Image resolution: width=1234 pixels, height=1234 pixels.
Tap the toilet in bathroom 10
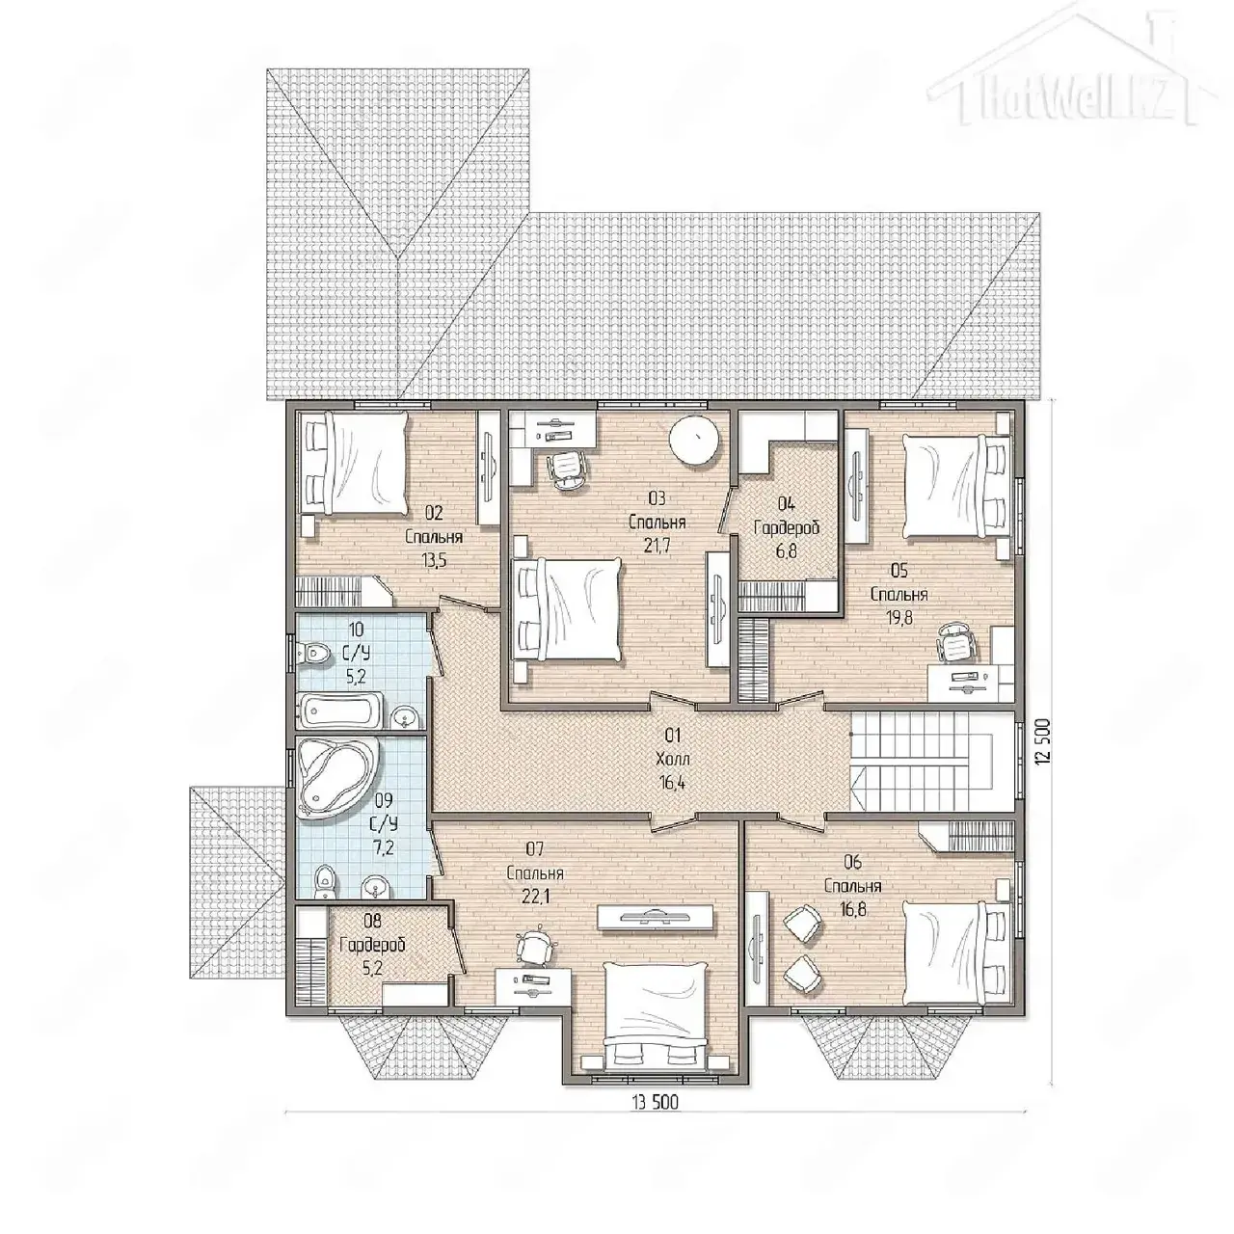(313, 654)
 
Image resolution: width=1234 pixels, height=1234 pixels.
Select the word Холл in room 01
(673, 760)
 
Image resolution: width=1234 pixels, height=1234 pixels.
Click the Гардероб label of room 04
(787, 528)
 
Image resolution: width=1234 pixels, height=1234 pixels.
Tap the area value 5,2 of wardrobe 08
(372, 968)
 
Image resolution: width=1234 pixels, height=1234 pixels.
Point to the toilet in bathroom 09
(325, 883)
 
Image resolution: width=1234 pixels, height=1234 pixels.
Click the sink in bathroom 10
(403, 715)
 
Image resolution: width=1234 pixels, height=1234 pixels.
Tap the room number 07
(535, 849)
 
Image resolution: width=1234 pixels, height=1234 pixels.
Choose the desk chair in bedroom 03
(567, 470)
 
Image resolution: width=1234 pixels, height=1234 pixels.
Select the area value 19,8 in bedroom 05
(899, 617)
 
